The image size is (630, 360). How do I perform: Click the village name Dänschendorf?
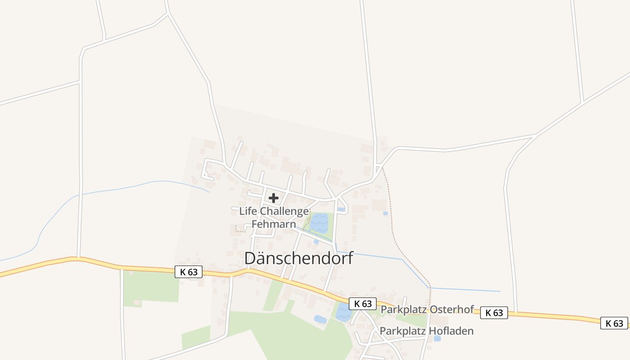(x=299, y=258)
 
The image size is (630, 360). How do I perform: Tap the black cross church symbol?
(x=273, y=198)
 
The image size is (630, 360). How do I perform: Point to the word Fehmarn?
(x=274, y=224)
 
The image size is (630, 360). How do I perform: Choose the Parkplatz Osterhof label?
(x=427, y=310)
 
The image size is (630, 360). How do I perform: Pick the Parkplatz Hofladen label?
(x=426, y=331)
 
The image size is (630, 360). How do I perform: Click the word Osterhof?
(x=451, y=310)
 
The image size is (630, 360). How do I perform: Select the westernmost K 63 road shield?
(x=189, y=272)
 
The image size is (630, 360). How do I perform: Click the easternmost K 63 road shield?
(x=614, y=323)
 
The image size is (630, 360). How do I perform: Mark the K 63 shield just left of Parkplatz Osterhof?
(x=363, y=304)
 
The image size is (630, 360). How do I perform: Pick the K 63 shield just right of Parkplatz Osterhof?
(x=494, y=313)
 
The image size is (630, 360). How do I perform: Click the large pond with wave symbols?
(x=319, y=223)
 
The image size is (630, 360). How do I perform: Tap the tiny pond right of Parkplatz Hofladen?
(x=437, y=338)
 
